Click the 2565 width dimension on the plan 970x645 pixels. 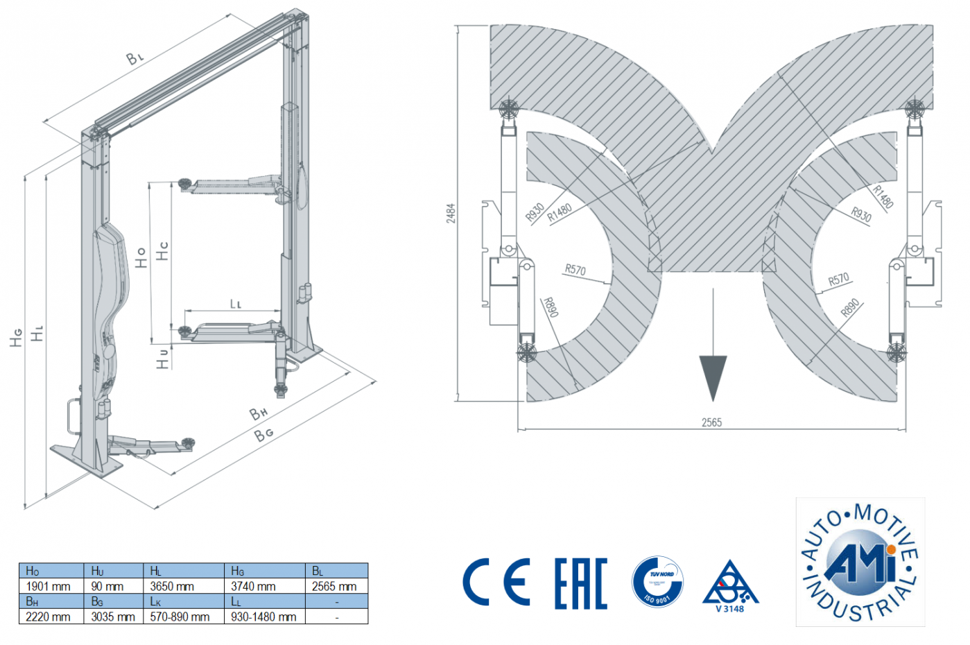click(x=711, y=422)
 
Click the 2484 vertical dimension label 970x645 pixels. click(x=451, y=213)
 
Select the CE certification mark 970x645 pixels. click(x=496, y=583)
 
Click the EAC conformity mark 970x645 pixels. click(x=581, y=583)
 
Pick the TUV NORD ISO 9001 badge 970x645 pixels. click(x=657, y=581)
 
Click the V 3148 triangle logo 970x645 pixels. click(x=730, y=587)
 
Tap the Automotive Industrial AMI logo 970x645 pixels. click(x=860, y=562)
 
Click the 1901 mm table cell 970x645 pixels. click(x=49, y=586)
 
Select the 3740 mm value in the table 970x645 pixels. click(x=253, y=586)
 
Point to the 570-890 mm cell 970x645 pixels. click(x=180, y=617)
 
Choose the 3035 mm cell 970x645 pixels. click(x=113, y=617)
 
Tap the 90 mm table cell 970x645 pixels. click(x=107, y=586)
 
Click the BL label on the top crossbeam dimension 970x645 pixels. click(x=135, y=58)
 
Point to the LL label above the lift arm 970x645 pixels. click(x=236, y=304)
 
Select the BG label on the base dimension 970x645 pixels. click(x=263, y=435)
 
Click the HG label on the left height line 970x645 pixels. click(x=16, y=337)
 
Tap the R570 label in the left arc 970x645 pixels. click(x=575, y=269)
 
